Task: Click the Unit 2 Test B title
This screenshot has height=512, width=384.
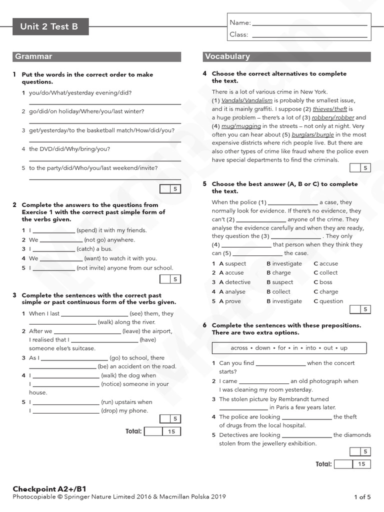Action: (x=49, y=27)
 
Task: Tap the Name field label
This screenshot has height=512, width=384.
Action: (x=240, y=22)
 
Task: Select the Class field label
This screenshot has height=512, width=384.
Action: (x=239, y=34)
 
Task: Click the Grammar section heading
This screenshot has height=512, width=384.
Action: (x=33, y=56)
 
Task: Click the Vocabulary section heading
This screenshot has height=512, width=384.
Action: (x=227, y=56)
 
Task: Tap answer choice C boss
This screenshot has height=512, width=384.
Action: (x=323, y=282)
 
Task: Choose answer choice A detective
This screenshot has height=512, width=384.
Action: (x=235, y=282)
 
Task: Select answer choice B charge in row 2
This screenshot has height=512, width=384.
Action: (x=278, y=272)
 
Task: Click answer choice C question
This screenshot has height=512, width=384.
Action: (x=328, y=301)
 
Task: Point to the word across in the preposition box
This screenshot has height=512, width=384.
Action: (x=239, y=348)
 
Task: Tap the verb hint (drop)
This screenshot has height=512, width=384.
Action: (x=111, y=410)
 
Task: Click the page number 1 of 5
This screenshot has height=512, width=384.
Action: (x=362, y=497)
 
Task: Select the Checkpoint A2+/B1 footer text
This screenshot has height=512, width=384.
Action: (x=45, y=488)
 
